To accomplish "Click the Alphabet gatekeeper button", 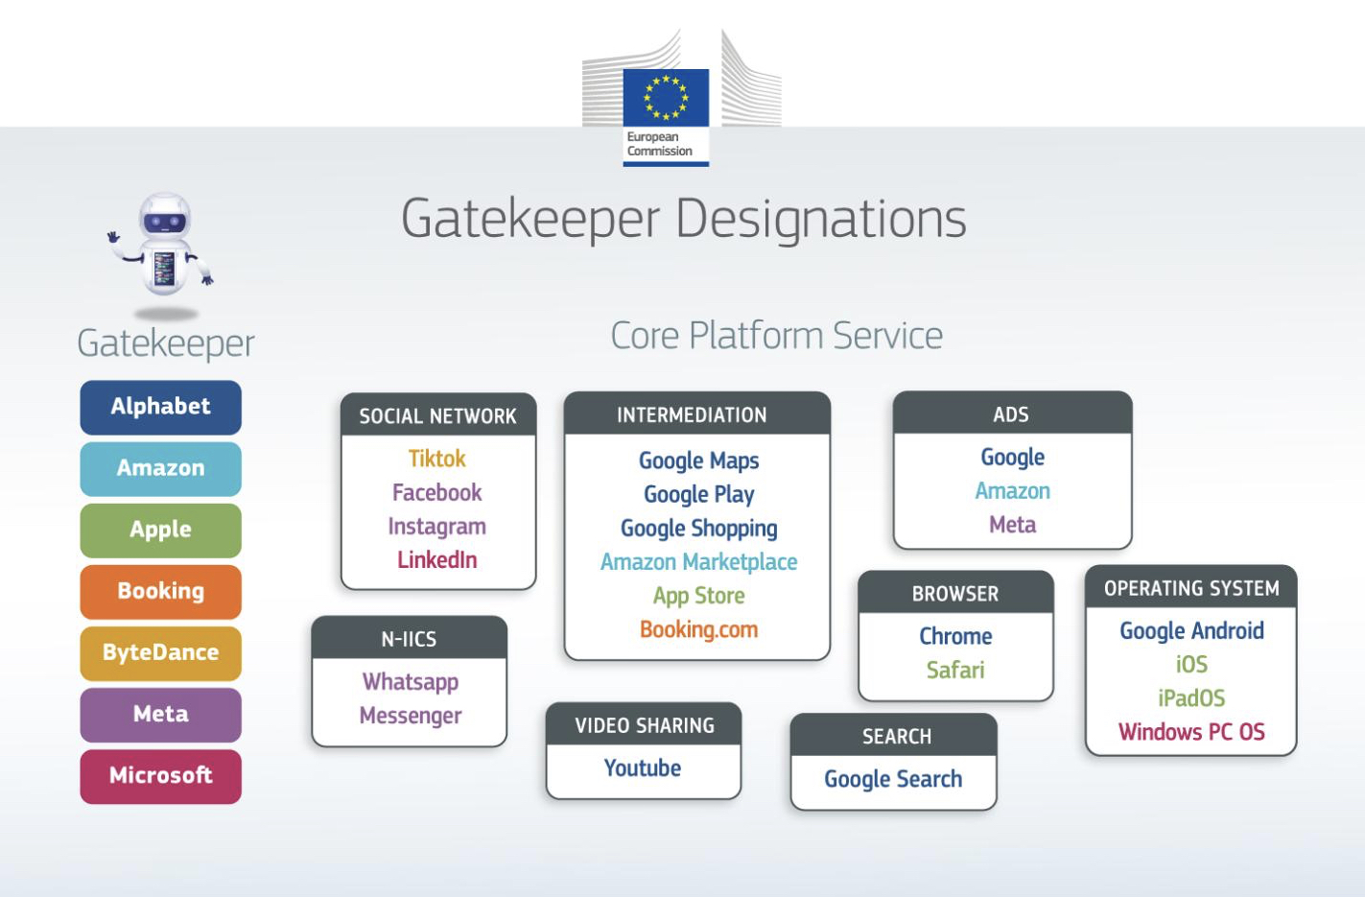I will [x=160, y=407].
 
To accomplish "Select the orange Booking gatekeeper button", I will [x=160, y=591].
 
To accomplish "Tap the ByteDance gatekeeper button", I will [x=160, y=652].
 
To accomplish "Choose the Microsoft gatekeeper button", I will [x=160, y=775].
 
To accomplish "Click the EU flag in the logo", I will [x=666, y=98].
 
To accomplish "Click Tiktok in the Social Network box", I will [x=437, y=459].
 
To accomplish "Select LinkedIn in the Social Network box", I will [x=437, y=560].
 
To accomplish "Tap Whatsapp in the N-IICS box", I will [x=411, y=682].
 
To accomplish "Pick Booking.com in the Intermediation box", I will [x=698, y=630].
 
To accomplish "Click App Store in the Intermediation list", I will [x=698, y=596].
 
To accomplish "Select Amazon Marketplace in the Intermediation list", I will [x=698, y=562].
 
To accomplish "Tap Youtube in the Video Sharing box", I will [x=643, y=768].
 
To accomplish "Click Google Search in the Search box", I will [x=893, y=779].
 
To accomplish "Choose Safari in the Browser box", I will [x=955, y=671].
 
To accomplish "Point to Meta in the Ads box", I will [x=1012, y=525].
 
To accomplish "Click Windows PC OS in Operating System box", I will [x=1191, y=732].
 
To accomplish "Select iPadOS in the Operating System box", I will [x=1191, y=698].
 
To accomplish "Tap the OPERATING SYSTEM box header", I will [x=1191, y=588].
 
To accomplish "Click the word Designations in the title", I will [x=821, y=219].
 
